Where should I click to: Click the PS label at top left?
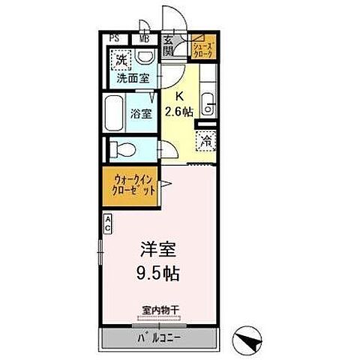point(114,38)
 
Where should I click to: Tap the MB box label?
point(144,38)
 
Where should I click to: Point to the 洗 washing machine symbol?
point(121,58)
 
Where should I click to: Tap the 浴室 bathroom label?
point(140,114)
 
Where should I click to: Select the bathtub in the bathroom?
point(114,114)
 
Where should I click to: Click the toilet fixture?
point(121,148)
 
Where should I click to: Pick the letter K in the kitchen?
point(180,96)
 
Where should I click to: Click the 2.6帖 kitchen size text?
point(180,111)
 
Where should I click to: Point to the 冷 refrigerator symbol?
point(204,140)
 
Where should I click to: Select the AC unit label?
point(107,221)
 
